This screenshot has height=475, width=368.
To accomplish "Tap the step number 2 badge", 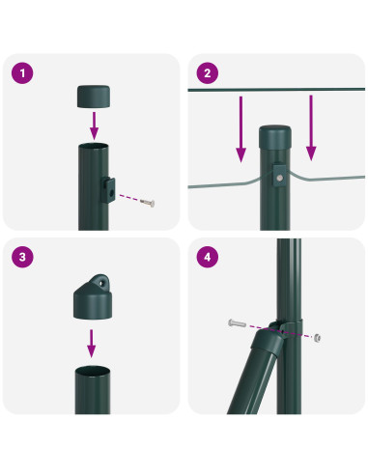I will pos(208,74).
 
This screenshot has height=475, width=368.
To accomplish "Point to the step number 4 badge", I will pos(208,259).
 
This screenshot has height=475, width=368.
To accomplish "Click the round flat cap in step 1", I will pos(94,97).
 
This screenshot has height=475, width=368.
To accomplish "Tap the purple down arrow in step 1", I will pos(94,124).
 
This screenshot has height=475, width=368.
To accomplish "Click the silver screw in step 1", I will pos(147,202).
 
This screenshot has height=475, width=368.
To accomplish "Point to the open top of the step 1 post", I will pos(94,146).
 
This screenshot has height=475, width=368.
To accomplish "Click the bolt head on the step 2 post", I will pos(279,177).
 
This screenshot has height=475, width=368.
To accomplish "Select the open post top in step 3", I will pos(94,370).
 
